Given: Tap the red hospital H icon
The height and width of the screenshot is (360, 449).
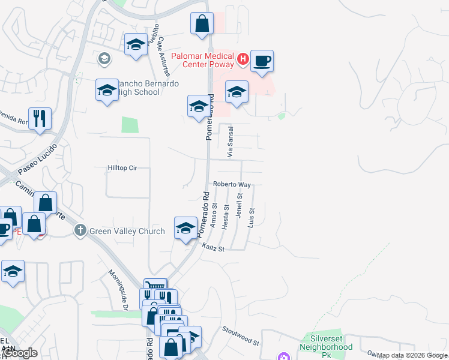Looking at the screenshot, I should (243, 59).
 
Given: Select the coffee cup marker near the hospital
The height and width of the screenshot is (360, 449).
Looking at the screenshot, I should (262, 61).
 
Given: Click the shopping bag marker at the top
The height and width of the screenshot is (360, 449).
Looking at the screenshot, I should (202, 25).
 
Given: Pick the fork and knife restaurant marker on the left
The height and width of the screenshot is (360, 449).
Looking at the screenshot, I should (40, 118).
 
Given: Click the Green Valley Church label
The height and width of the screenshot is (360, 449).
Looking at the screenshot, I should (127, 231).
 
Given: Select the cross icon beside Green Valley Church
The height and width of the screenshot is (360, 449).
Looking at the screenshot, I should (80, 230).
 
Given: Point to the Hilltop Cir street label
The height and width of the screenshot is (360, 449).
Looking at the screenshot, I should (122, 168).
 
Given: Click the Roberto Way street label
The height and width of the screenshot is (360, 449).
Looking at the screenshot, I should (231, 185).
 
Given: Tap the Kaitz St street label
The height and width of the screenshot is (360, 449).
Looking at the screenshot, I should (212, 247).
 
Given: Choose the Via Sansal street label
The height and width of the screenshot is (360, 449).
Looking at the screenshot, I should (230, 142).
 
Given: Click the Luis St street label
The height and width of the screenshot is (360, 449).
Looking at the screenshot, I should (252, 218).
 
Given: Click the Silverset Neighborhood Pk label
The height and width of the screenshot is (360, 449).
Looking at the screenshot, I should (327, 343).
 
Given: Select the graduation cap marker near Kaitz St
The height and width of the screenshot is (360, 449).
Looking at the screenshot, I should (186, 227).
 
